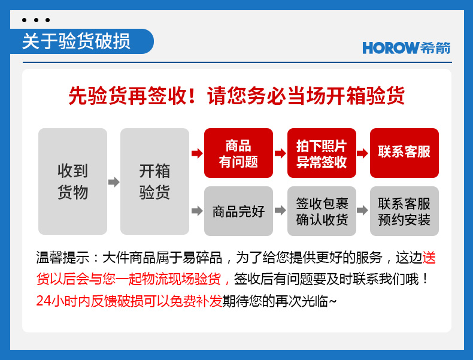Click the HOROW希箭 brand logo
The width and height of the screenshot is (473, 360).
[x=407, y=48]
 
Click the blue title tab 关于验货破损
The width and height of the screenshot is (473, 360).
[x=82, y=41]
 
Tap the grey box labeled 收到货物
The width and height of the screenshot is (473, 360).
[x=72, y=181]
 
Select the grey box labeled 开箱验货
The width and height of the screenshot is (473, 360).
[x=154, y=181]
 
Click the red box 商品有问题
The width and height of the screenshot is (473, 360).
[x=239, y=153]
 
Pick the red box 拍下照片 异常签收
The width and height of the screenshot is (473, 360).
[x=322, y=153]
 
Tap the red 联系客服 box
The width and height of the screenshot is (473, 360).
[x=404, y=153]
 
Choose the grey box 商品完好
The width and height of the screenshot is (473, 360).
[x=239, y=211]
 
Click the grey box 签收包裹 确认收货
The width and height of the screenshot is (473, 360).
[x=322, y=211]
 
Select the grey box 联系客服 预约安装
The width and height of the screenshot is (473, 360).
[x=404, y=211]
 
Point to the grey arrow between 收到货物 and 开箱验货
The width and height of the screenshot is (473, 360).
[x=114, y=182]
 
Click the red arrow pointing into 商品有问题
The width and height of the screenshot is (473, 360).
[x=197, y=153]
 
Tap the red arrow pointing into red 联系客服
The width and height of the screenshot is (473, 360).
[x=362, y=153]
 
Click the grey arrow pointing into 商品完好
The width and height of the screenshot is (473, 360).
[x=197, y=210]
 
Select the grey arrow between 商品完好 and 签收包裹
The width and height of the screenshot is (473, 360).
[x=280, y=210]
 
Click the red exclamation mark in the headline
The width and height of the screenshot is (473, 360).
[x=192, y=96]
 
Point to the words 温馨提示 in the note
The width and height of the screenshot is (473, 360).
[x=63, y=258]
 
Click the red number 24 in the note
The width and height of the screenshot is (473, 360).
[x=44, y=301]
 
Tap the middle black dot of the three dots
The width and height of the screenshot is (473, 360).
[x=36, y=20]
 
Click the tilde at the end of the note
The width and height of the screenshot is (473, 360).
[x=332, y=301]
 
